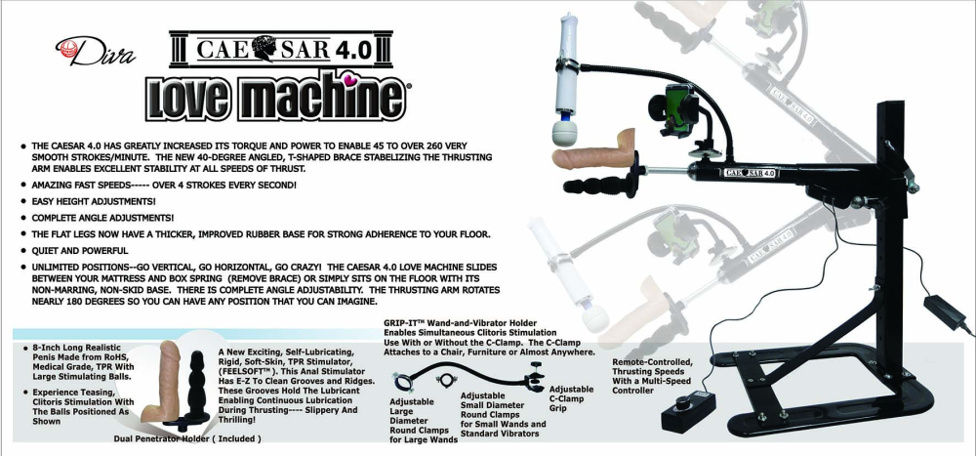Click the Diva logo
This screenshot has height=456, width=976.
coord(95,51)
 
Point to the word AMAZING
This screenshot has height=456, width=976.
coord(53,185)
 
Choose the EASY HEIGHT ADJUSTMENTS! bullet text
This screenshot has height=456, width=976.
coord(94,201)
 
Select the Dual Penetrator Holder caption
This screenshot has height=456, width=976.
coord(186,438)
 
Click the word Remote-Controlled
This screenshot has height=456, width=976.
coord(652,362)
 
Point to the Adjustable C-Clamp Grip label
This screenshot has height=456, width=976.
coord(571,398)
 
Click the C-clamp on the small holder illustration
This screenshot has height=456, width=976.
coord(537,378)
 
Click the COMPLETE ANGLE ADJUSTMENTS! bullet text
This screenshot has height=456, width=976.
coord(102,218)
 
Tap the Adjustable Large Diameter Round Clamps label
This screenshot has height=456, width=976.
coord(423,421)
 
